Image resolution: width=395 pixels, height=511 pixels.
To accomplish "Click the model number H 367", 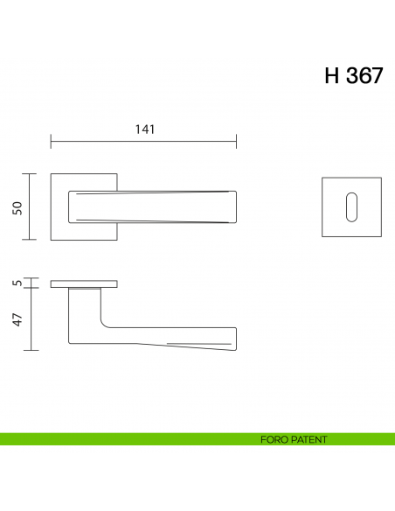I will [353, 76].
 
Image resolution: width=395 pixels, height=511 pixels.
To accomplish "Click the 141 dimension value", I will [144, 129].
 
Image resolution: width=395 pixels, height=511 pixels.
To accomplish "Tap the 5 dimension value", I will [15, 283].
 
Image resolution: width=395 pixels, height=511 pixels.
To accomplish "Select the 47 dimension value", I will [15, 318].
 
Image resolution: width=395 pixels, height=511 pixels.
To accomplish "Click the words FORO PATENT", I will [294, 439].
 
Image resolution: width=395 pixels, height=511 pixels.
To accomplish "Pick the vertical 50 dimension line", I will [32, 206].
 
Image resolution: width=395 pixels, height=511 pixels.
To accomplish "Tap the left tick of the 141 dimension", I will [51, 141].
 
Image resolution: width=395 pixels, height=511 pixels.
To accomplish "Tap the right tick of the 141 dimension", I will [236, 141].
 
